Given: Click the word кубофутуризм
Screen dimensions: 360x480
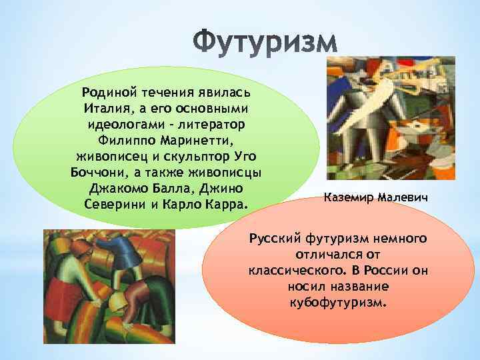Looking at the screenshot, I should coord(337,303).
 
